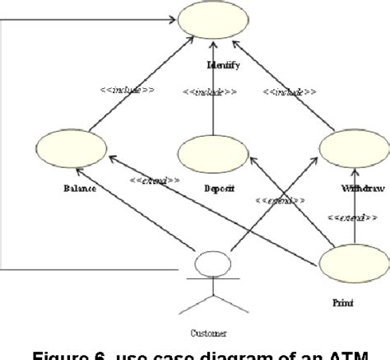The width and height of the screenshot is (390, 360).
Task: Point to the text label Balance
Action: (x=79, y=189)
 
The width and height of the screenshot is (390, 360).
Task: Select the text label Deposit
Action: (x=220, y=189)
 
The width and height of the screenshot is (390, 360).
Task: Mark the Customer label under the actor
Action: (x=207, y=333)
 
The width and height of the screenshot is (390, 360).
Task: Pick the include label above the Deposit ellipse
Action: (x=211, y=93)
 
